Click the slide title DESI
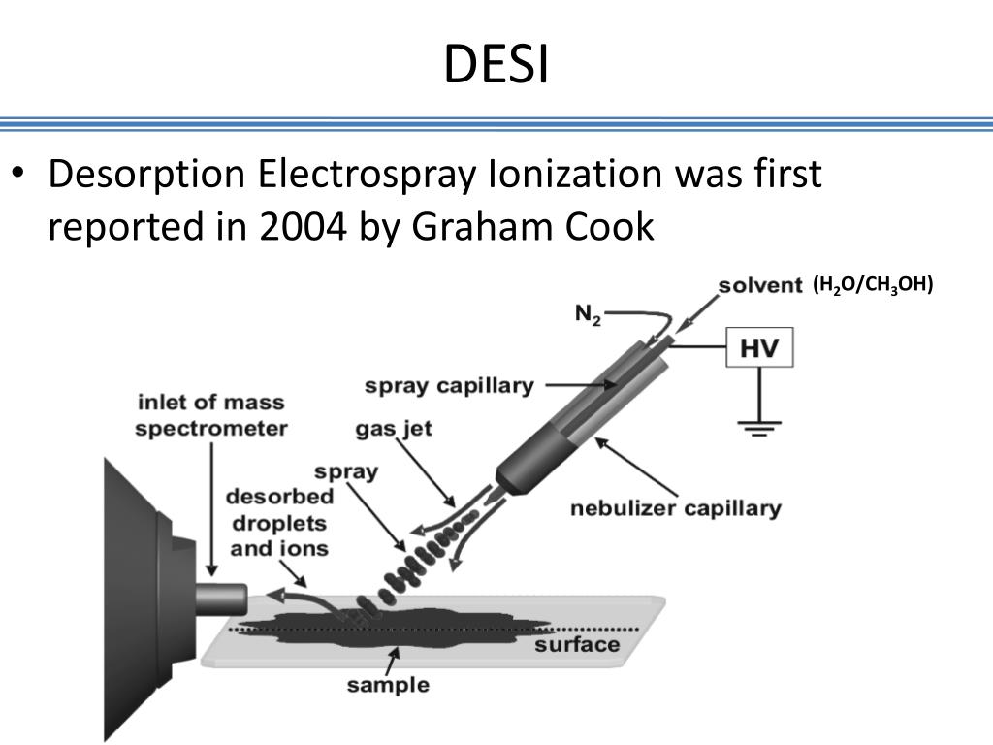496,66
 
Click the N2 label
589,315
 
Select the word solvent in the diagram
760,285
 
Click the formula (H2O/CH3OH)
872,284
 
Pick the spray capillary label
449,385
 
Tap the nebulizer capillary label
675,507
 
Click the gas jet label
393,428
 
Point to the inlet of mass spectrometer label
210,414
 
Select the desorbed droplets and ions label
279,522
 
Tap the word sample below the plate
388,685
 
